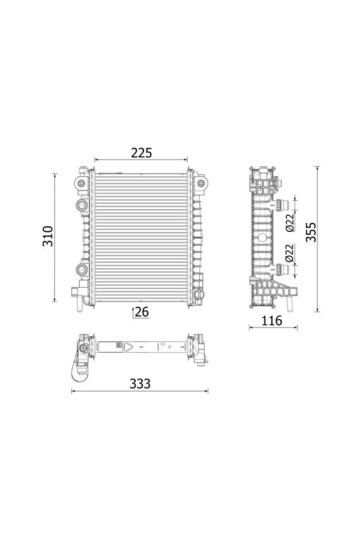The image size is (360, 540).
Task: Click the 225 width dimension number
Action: (141, 153)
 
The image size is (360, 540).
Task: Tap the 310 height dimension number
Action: (48, 236)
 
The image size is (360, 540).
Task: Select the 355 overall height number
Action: (311, 232)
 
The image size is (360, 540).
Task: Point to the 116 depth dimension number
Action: (272, 321)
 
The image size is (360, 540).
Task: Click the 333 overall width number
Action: (140, 384)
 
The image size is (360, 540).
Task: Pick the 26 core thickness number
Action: (142, 312)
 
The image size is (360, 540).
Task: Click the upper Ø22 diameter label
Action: (290, 222)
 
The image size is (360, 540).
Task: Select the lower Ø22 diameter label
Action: (289, 253)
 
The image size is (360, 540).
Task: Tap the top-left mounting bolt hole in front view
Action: (81, 183)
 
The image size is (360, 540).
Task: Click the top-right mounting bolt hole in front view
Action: (200, 183)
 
